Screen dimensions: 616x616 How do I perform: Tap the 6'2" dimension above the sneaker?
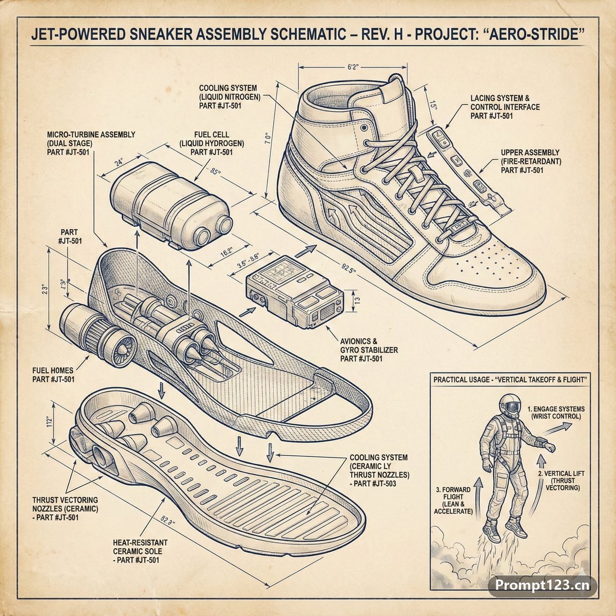coord(353,67)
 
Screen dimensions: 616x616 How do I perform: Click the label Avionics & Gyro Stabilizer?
coord(369,350)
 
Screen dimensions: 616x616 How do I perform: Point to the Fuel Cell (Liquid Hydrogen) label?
coord(211,144)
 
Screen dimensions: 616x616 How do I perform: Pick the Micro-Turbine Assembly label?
coord(91,143)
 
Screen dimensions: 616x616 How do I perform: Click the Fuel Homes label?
coord(53,375)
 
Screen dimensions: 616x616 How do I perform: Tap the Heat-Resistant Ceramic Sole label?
coord(140,551)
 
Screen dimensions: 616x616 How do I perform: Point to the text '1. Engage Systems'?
coord(556,409)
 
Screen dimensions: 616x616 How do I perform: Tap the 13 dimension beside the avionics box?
coord(357,300)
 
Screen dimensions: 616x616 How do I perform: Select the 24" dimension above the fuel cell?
coord(119,162)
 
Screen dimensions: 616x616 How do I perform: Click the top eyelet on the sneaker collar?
coord(364,128)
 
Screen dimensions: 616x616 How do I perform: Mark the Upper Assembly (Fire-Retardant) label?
coord(531,161)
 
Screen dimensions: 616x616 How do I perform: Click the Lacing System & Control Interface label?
coord(505,107)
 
